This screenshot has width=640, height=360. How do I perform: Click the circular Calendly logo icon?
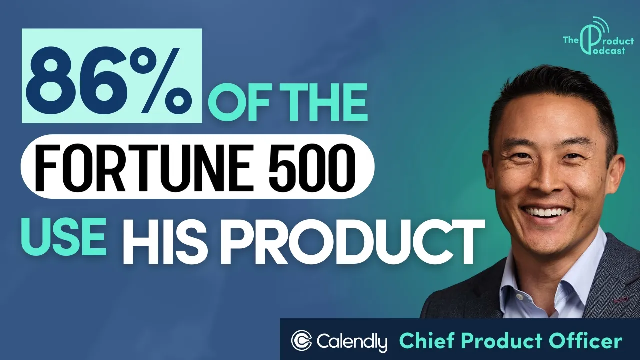pos(301,341)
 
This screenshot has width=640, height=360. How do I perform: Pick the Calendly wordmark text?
pos(352,342)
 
